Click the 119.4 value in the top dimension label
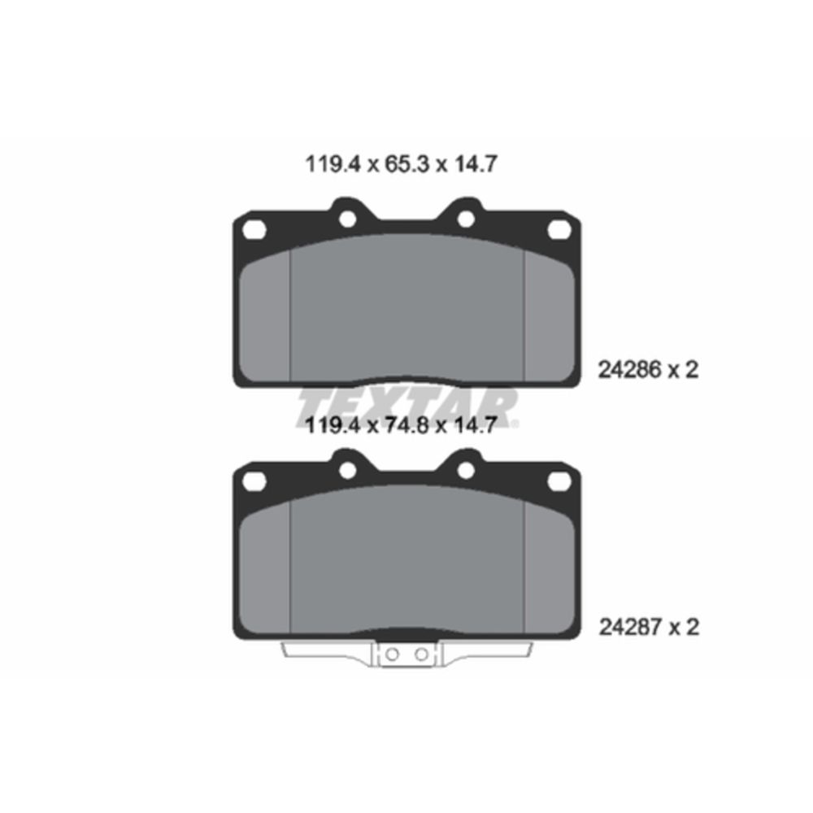tap(333, 164)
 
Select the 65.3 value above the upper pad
tap(407, 164)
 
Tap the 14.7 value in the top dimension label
tap(476, 164)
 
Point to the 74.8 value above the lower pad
tap(407, 425)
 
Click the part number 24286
tap(630, 370)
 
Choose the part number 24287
tap(631, 627)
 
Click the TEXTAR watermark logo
tap(407, 409)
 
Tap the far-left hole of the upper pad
tap(254, 230)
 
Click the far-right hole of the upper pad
tap(559, 229)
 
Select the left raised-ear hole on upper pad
tap(347, 220)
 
